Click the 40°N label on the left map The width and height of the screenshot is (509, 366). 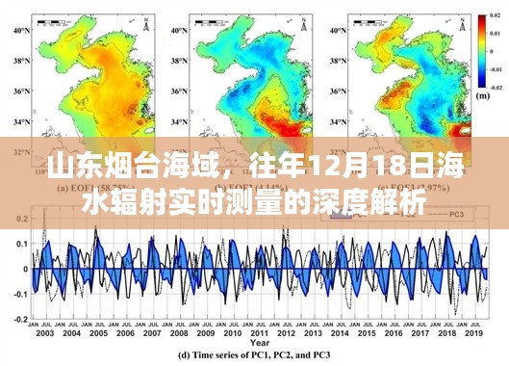pos(17,31)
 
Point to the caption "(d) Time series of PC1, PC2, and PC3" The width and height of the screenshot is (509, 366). pos(260,355)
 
